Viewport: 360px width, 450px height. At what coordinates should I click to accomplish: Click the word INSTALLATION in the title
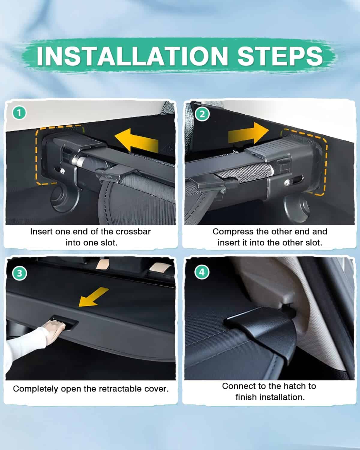point(132,56)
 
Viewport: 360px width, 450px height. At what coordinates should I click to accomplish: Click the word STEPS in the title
point(280,56)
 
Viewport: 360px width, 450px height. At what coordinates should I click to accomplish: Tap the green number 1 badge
point(19,113)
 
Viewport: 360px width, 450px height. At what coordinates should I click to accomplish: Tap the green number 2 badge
point(202,114)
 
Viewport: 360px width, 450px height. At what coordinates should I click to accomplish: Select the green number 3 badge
point(19,273)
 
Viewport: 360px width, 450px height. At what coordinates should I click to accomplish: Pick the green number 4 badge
point(202,272)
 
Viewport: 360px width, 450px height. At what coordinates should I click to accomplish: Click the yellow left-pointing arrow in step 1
point(137,140)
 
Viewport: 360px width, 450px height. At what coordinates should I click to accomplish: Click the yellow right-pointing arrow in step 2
point(248,133)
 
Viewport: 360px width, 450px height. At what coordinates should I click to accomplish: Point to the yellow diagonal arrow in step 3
point(94,297)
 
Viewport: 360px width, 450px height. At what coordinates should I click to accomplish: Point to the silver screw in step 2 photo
point(286,183)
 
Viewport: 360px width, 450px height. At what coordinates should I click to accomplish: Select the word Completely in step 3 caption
point(36,389)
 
